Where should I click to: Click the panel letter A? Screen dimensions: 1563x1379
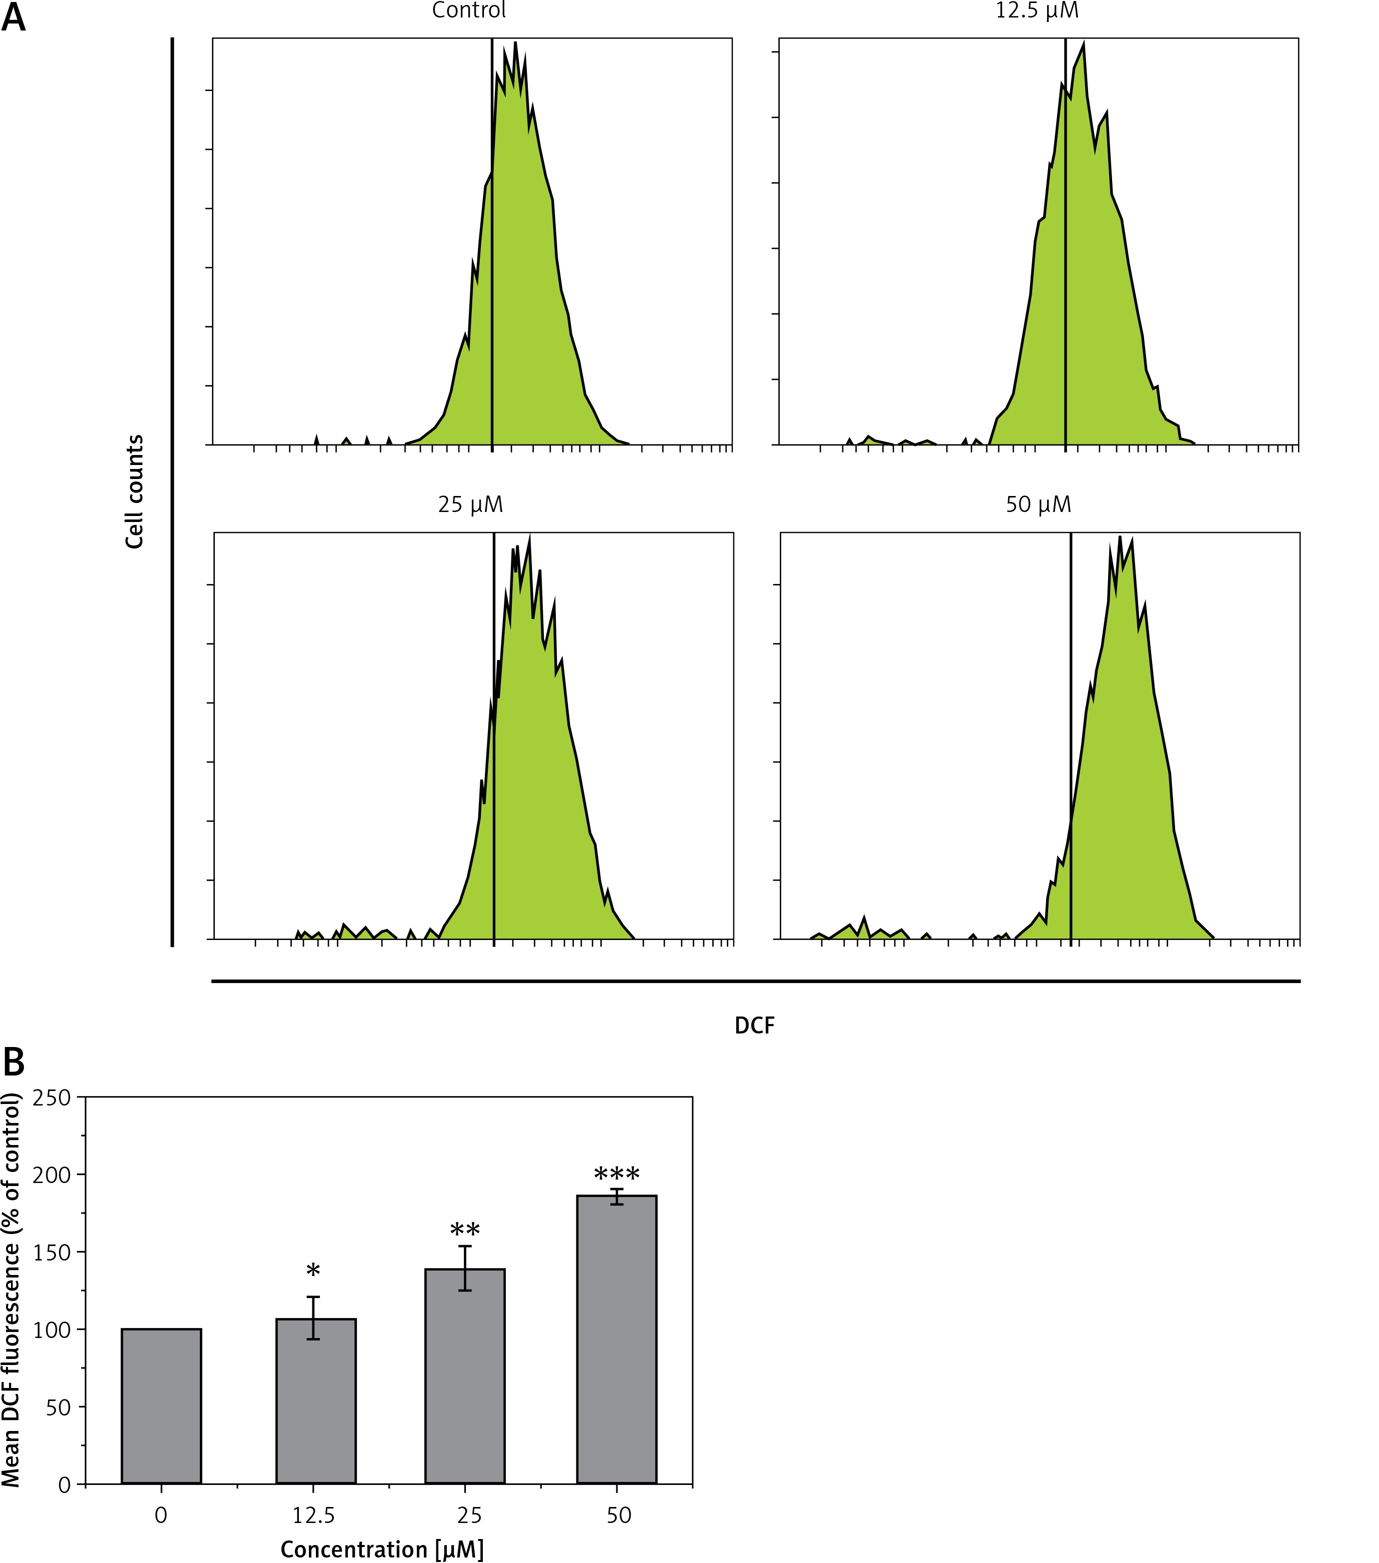pyautogui.click(x=14, y=17)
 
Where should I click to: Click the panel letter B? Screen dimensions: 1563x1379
pyautogui.click(x=14, y=1061)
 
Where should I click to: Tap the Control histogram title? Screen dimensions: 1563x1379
pyautogui.click(x=469, y=10)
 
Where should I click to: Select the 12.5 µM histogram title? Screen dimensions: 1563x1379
pyautogui.click(x=1037, y=10)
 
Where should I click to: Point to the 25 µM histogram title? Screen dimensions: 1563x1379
pyautogui.click(x=470, y=504)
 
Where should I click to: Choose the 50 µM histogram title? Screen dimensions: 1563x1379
pyautogui.click(x=1038, y=504)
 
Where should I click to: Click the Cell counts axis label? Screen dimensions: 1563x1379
pyautogui.click(x=134, y=491)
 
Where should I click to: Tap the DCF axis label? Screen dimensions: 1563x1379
pyautogui.click(x=754, y=1025)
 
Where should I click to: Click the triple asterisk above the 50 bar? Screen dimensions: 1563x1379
pyautogui.click(x=617, y=1174)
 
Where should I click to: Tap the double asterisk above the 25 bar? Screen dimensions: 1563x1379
pyautogui.click(x=465, y=1231)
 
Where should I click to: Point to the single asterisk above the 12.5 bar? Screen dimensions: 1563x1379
pyautogui.click(x=313, y=1271)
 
